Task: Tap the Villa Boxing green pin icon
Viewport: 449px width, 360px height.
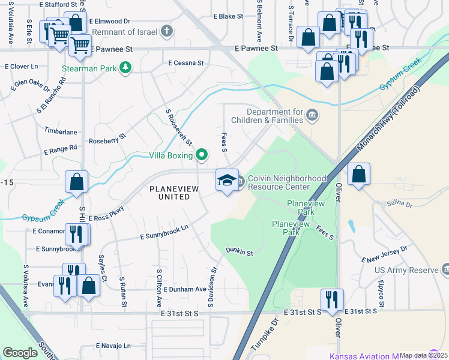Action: click(202, 155)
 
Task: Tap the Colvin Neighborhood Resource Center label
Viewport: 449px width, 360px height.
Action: click(287, 182)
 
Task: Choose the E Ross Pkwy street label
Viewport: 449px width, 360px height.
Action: click(106, 214)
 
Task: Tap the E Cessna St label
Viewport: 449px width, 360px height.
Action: click(186, 62)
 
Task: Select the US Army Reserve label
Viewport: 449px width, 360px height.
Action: click(408, 271)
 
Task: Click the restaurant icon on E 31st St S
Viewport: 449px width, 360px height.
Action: click(332, 298)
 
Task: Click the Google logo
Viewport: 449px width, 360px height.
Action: click(20, 353)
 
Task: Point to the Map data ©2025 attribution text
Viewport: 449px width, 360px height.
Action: click(423, 355)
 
